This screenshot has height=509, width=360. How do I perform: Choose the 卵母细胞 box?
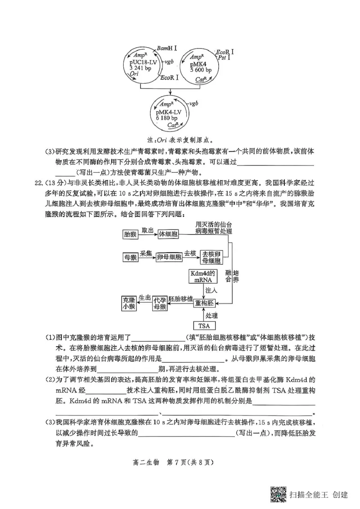[169, 257]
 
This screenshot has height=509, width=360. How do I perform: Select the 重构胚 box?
[205, 303]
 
